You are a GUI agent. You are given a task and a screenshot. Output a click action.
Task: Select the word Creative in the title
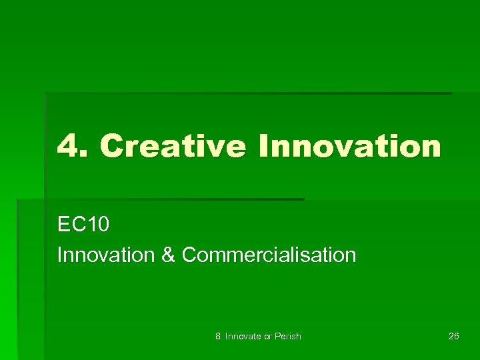(172, 146)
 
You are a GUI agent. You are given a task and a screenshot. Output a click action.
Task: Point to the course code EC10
(83, 225)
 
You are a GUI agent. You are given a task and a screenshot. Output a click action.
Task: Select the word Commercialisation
(269, 255)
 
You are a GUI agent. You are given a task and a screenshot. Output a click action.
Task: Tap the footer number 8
(219, 336)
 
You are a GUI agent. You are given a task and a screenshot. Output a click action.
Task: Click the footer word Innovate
(243, 336)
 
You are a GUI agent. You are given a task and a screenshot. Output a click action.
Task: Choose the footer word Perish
(289, 336)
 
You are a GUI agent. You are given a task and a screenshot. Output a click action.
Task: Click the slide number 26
(453, 336)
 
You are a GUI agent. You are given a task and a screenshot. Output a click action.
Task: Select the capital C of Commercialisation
(189, 255)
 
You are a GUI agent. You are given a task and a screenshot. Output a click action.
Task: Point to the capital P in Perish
(279, 336)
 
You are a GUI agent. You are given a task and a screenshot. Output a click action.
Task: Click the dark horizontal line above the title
(247, 93)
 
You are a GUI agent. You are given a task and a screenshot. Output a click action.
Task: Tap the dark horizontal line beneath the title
(160, 199)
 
